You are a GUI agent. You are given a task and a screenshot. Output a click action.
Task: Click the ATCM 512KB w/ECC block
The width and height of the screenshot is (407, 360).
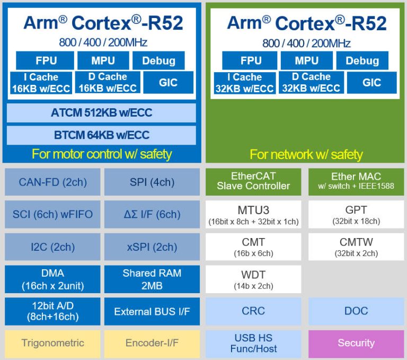pos(101,112)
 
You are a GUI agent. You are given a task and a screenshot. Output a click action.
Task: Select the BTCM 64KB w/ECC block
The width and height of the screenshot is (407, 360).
pos(101,135)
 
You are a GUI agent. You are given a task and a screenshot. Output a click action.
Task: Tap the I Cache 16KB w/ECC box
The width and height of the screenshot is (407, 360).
pos(41,83)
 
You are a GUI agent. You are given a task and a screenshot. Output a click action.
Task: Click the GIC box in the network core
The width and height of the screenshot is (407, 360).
pos(371,83)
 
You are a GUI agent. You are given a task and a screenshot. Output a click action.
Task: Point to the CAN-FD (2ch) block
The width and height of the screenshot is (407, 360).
pos(52,182)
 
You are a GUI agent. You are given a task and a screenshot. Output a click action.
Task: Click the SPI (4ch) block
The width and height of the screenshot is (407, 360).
pos(152,182)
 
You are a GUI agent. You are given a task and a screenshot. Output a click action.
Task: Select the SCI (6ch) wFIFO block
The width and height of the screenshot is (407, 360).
pos(52,214)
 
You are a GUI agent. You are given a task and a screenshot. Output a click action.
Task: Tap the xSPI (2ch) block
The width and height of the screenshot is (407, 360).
pos(152,247)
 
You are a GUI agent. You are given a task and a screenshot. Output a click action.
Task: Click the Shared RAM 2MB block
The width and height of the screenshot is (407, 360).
pos(152,279)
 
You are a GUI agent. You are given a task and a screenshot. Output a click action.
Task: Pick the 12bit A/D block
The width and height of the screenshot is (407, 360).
pos(52,311)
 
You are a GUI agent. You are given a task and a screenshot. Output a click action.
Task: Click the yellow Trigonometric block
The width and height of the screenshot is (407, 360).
pos(52,343)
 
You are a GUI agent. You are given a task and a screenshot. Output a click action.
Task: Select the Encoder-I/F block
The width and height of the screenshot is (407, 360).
pos(152,343)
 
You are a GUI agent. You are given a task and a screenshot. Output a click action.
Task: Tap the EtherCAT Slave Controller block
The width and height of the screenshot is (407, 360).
pos(253,181)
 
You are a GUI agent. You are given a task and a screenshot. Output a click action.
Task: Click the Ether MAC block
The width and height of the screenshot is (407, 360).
pos(356,181)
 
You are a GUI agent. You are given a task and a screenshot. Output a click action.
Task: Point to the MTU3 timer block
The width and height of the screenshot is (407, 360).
pos(253,214)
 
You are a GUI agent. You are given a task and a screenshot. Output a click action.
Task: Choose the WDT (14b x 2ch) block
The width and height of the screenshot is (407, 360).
pos(253,279)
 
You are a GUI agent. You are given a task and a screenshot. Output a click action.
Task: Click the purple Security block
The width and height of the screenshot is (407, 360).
pos(356,343)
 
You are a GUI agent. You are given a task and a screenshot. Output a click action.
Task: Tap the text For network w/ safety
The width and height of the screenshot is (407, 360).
pos(306,154)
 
